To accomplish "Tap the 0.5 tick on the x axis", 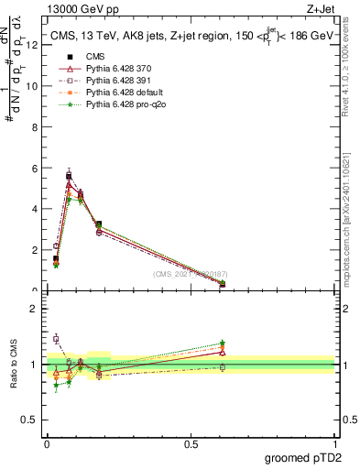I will tap(191, 442).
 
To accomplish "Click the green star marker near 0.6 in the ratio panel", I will tap(223, 343).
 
